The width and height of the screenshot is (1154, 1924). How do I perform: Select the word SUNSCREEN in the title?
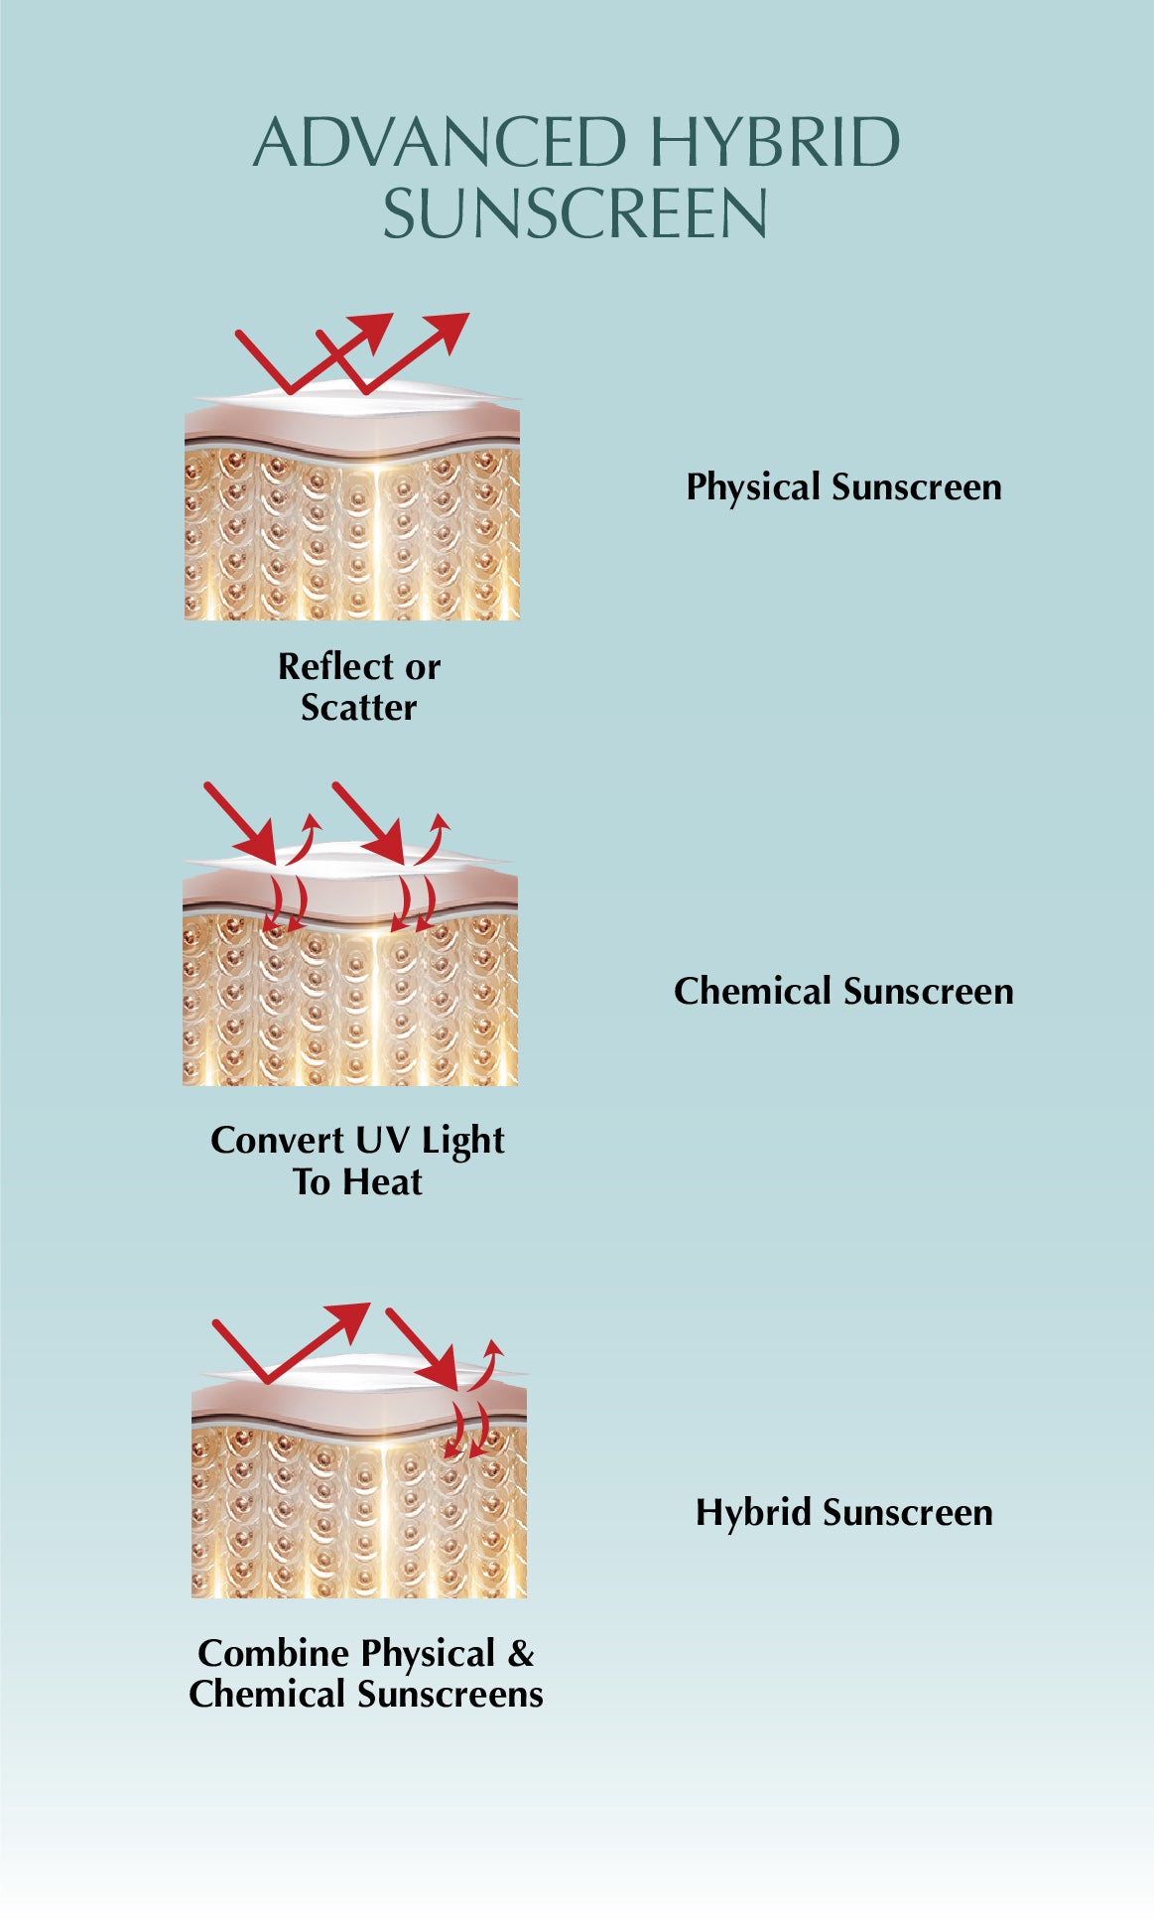pyautogui.click(x=576, y=214)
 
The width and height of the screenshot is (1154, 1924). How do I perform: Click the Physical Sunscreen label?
pyautogui.click(x=843, y=487)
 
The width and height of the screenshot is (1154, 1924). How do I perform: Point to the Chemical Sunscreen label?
pyautogui.click(x=843, y=992)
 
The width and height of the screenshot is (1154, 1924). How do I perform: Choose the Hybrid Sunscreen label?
pyautogui.click(x=843, y=1513)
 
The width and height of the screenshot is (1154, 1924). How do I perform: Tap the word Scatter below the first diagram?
pyautogui.click(x=359, y=708)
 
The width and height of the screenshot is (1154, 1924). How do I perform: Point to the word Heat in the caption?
pyautogui.click(x=384, y=1182)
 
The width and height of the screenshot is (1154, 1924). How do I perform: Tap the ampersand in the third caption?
pyautogui.click(x=521, y=1654)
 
